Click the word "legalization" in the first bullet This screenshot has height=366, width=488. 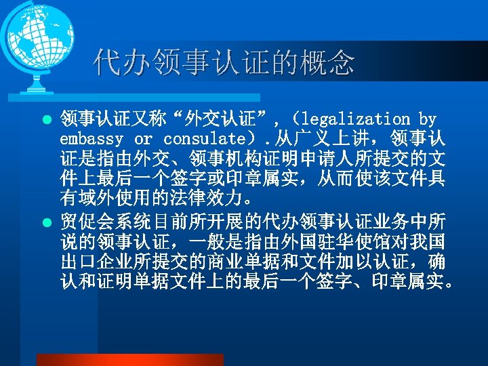tap(357, 120)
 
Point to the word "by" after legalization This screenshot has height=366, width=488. tap(428, 120)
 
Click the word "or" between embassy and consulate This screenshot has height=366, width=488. tap(143, 139)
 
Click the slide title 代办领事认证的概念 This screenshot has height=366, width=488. tap(224, 63)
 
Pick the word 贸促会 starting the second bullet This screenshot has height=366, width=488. tap(87, 221)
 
